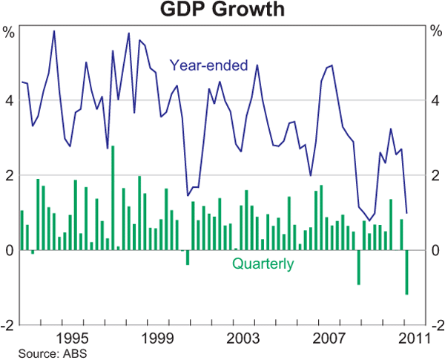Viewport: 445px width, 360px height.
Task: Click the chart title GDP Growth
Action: pyautogui.click(x=222, y=11)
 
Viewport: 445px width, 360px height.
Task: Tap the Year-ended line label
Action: pyautogui.click(x=209, y=65)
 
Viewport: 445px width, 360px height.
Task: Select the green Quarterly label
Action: pyautogui.click(x=263, y=264)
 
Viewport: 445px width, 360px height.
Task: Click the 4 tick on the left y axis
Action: pyautogui.click(x=10, y=100)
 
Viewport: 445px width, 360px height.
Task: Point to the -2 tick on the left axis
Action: pyautogui.click(x=7, y=325)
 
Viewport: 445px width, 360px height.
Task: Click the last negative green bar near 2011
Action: pyautogui.click(x=406, y=272)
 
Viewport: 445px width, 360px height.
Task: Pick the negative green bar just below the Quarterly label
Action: pyautogui.click(x=359, y=267)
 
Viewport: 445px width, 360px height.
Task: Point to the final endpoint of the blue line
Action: pyautogui.click(x=406, y=213)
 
